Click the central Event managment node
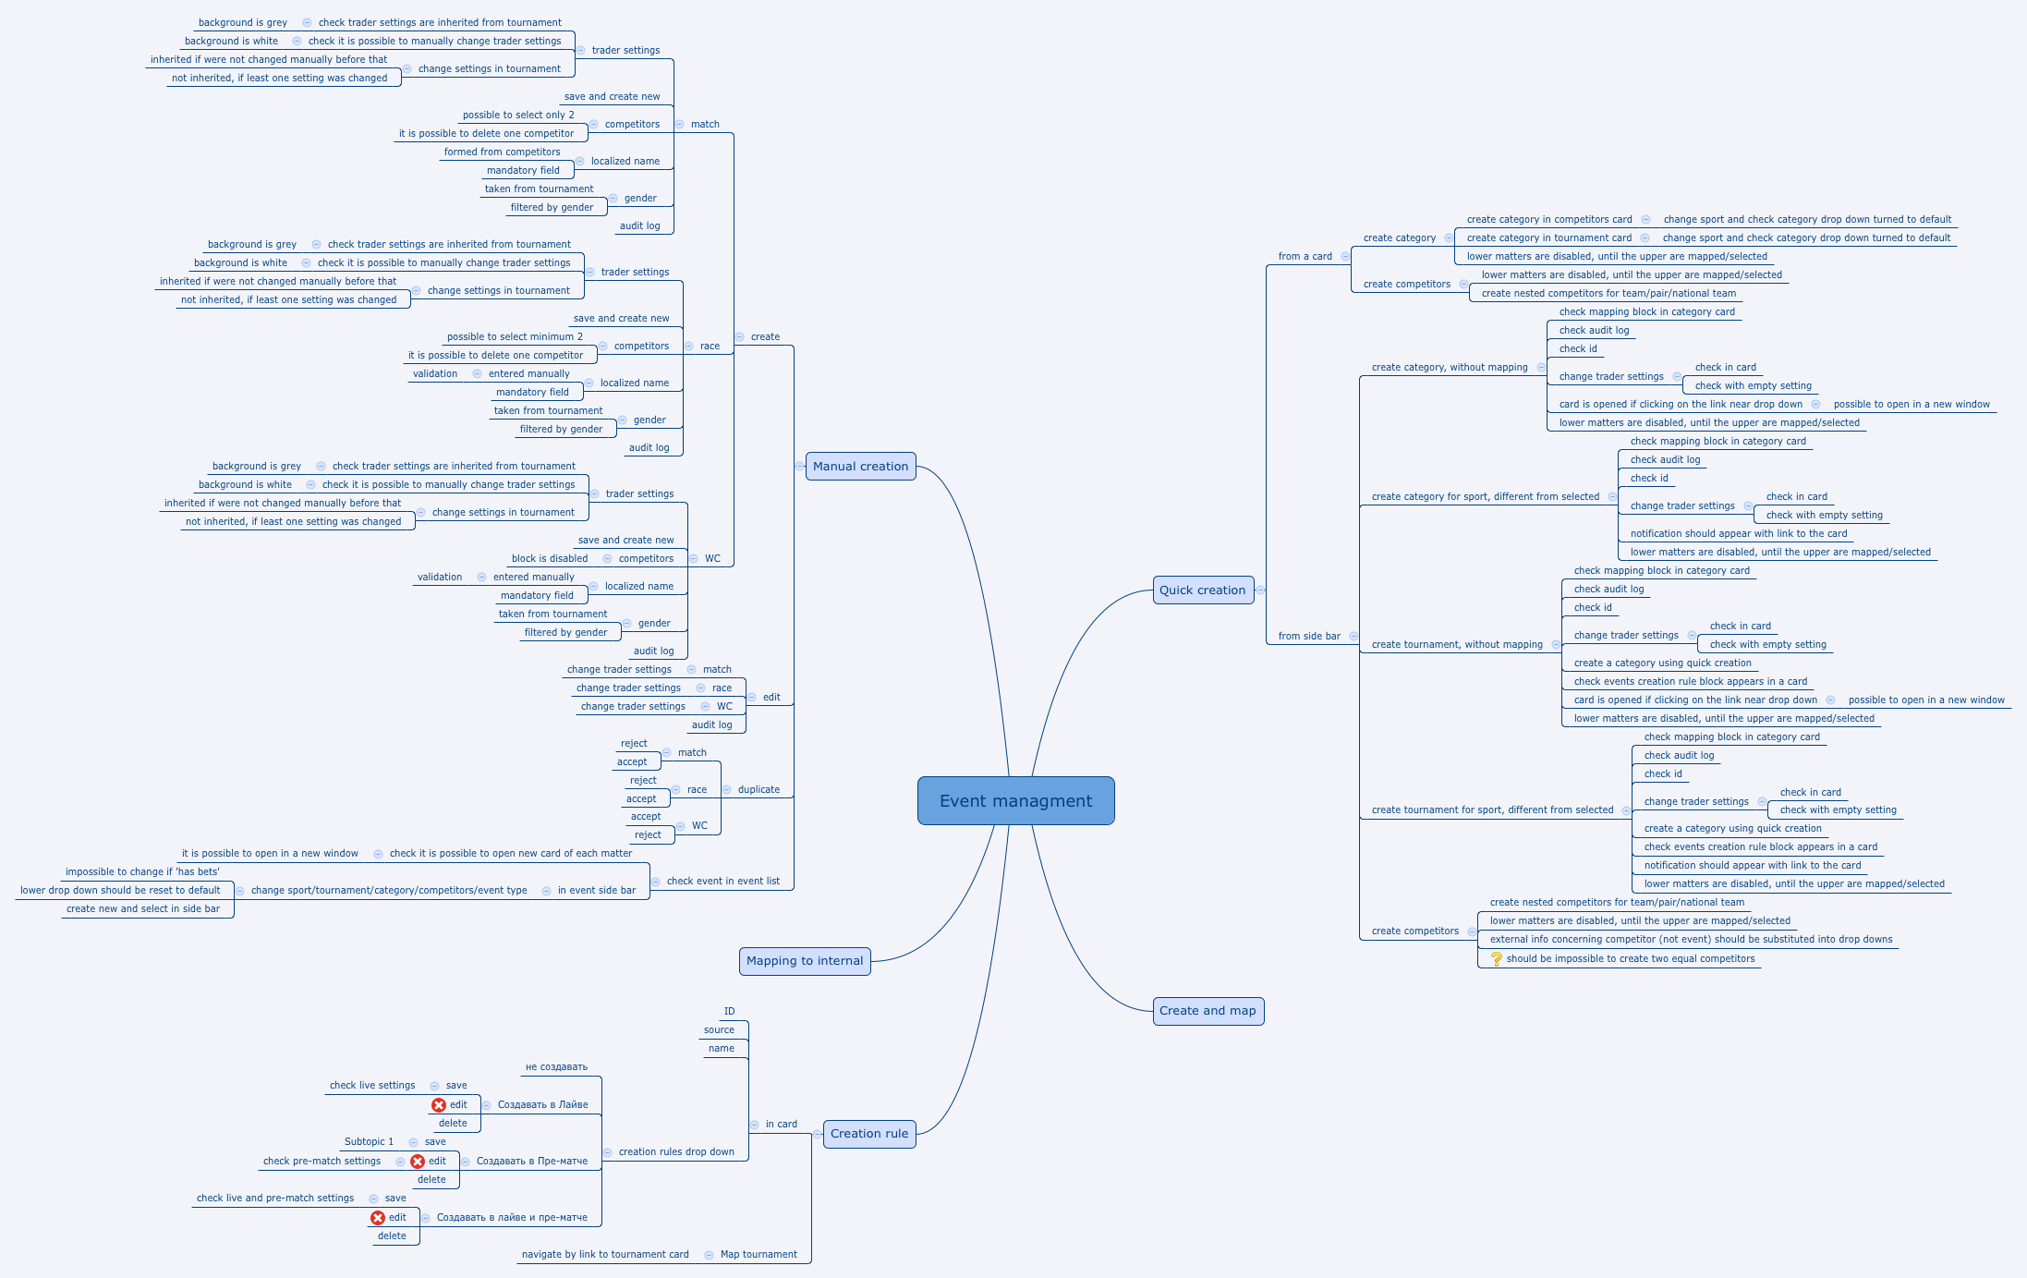[x=1015, y=800]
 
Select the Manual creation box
[x=860, y=467]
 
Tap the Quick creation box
[x=1203, y=590]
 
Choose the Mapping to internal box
[x=805, y=961]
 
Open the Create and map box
[x=1208, y=1011]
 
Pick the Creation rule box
[x=869, y=1134]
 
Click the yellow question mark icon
[x=1497, y=959]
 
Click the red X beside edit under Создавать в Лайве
[x=439, y=1105]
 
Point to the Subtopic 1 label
[x=369, y=1142]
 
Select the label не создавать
[x=556, y=1067]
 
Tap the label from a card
[x=1305, y=257]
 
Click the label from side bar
[x=1309, y=637]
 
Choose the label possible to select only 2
[x=518, y=116]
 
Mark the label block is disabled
[x=550, y=559]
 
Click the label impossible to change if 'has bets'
[x=142, y=872]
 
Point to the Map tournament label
[x=759, y=1255]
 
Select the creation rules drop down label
[x=676, y=1152]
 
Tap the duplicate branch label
[x=759, y=790]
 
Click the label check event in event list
[x=723, y=882]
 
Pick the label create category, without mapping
[x=1450, y=368]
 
